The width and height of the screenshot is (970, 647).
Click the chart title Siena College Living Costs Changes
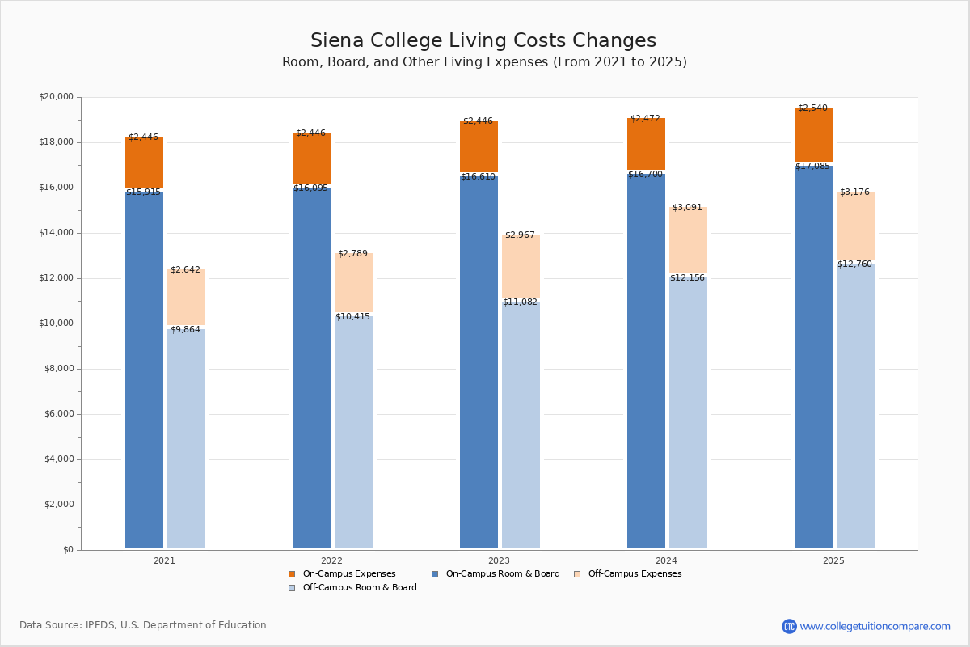coord(483,41)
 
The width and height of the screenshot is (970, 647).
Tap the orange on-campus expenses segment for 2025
coord(813,135)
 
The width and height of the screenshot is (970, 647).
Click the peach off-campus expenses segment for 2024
coord(688,240)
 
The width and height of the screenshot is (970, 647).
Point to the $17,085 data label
coord(812,167)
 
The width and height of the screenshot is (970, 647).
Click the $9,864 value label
coord(185,330)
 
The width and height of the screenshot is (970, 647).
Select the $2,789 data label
coord(352,254)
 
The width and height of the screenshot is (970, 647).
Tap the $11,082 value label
coord(520,302)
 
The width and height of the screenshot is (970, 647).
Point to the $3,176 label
coord(854,192)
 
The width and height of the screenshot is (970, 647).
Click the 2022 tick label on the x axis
coord(331,560)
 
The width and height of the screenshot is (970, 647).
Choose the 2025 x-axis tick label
coord(833,560)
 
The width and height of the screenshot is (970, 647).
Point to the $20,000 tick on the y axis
coord(56,97)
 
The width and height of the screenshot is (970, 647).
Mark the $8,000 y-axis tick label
coord(58,369)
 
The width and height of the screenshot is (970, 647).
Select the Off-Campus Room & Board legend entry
coord(360,588)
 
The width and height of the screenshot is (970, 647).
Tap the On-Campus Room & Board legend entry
coord(502,574)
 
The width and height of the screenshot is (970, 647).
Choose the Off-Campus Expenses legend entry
coord(635,574)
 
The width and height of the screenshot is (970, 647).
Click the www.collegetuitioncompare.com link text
coord(875,627)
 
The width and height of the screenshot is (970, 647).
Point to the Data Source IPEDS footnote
coord(143,625)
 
